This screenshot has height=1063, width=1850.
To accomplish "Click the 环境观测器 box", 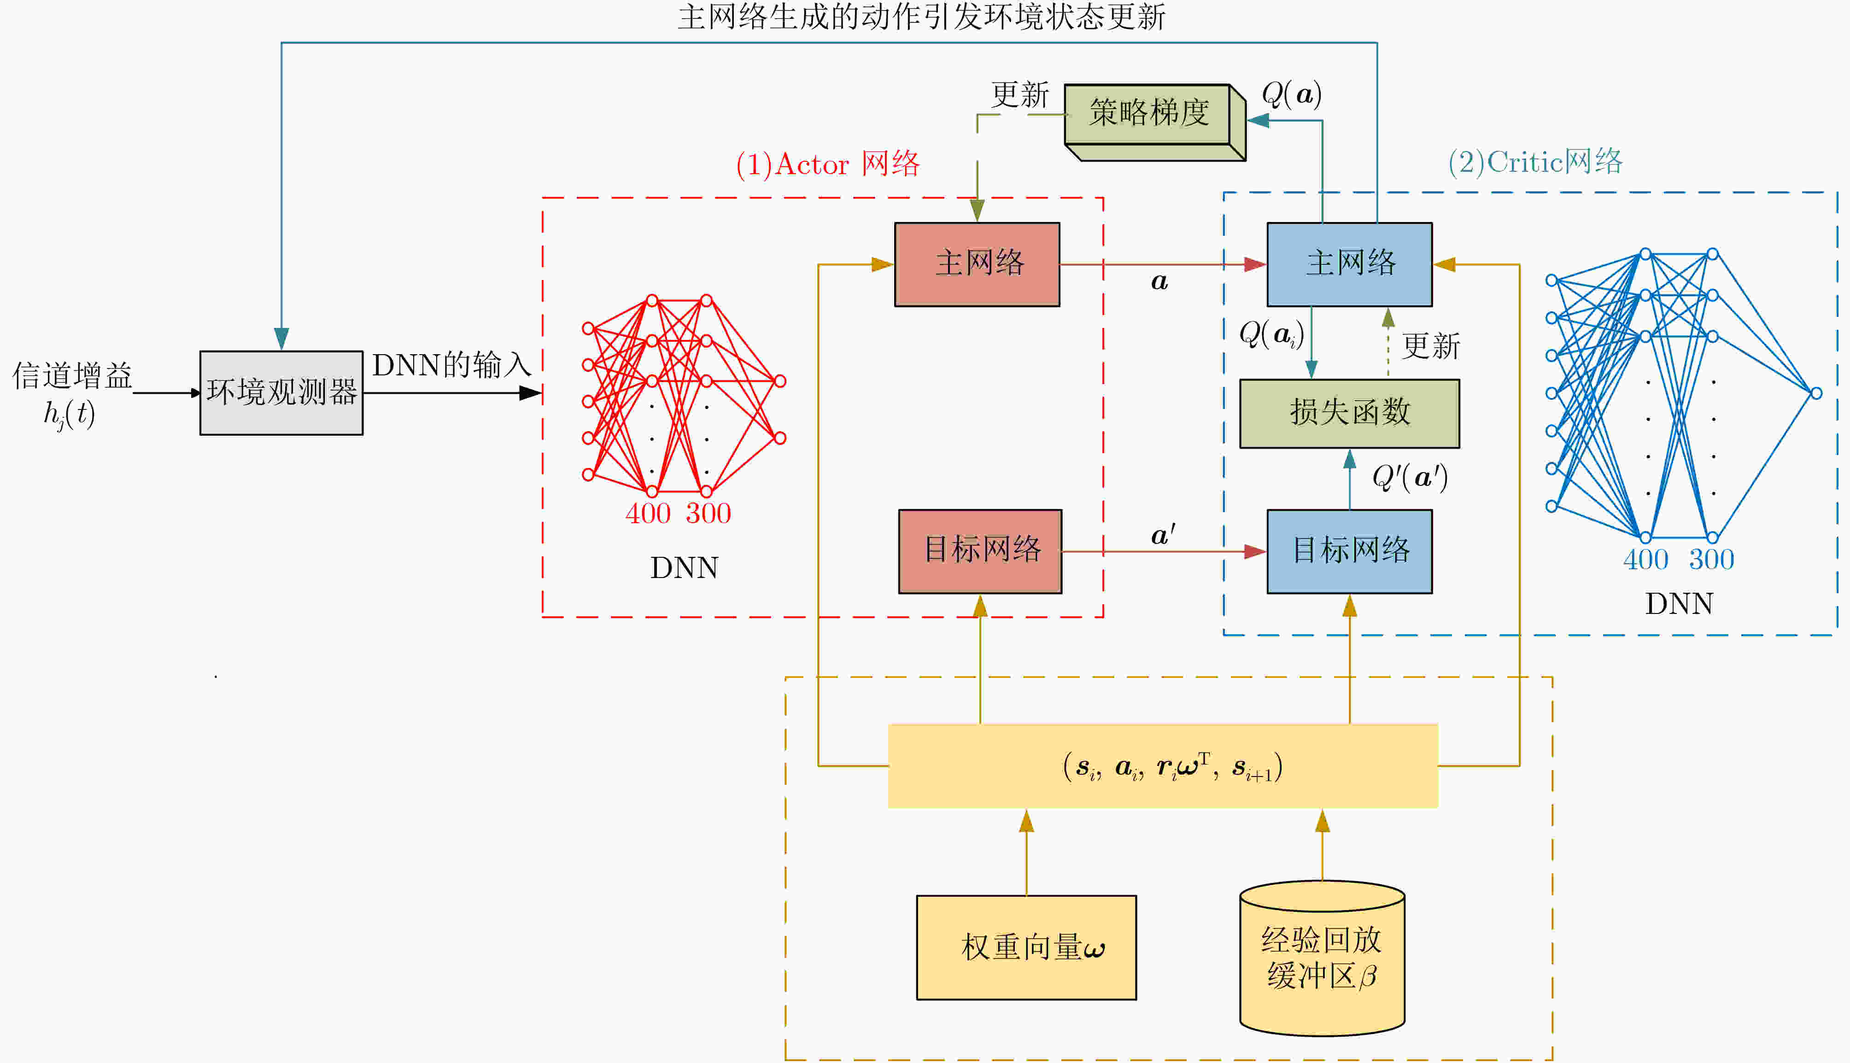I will coord(281,393).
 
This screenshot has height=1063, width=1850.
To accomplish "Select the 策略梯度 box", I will coord(1147,114).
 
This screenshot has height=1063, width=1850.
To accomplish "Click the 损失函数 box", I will coord(1349,413).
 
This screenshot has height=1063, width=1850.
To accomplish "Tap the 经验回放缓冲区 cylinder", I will coord(1322,958).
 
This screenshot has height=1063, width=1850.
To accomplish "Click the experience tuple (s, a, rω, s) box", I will coord(1162,766).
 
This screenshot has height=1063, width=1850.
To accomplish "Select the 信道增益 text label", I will coord(71,376).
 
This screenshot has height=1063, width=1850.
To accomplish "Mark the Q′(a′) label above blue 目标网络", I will coord(1409,478).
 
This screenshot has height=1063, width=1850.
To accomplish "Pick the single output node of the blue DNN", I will coord(1816,393).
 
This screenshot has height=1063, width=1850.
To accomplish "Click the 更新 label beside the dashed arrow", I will coord(1431,346).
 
